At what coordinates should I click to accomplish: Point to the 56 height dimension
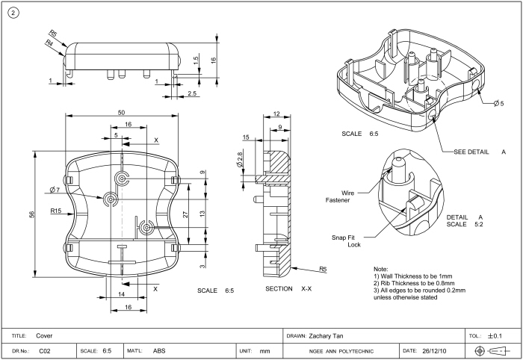32,214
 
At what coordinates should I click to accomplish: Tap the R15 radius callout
56,211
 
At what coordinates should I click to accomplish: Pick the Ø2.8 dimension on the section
240,159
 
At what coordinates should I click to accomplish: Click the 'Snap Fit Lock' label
345,241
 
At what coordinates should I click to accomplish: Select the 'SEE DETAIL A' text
480,152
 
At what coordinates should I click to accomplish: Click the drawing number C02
44,350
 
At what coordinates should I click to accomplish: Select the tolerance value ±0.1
494,336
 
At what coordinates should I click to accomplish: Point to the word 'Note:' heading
380,269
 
